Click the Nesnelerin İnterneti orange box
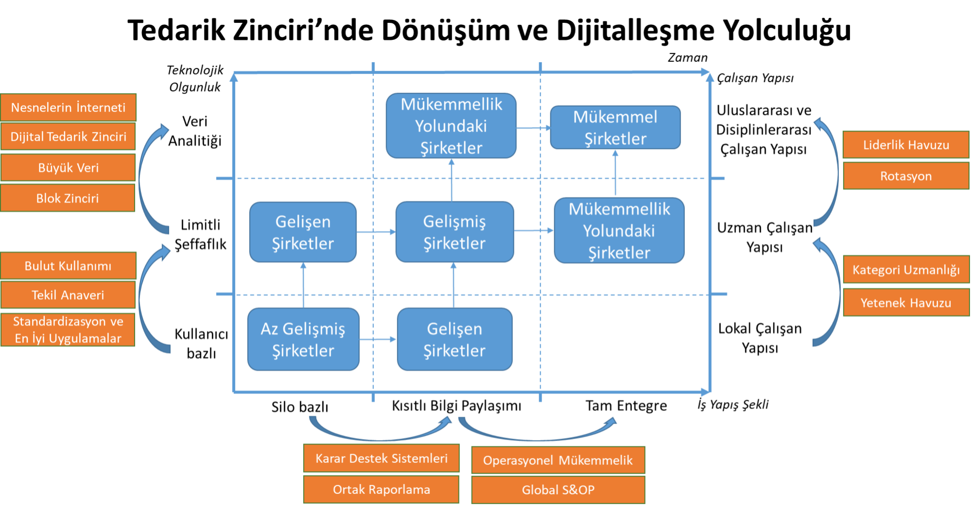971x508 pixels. coord(68,107)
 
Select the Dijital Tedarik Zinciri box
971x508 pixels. coord(68,137)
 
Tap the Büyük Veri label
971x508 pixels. coord(68,168)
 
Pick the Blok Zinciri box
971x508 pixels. coord(68,198)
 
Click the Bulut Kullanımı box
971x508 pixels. coord(68,266)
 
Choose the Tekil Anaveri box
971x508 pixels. coord(68,295)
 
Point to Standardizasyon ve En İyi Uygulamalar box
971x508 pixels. coord(68,330)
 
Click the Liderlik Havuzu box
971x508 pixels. coord(906,145)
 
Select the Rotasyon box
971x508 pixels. coord(906,176)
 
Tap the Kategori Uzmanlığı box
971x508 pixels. coord(906,270)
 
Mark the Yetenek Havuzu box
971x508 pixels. coord(906,303)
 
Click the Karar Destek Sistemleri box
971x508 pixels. coord(381,458)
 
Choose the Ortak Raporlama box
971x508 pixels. coord(381,490)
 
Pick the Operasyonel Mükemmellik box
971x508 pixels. coord(558,460)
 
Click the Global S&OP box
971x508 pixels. coord(558,490)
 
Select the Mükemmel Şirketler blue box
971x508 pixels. coord(615,127)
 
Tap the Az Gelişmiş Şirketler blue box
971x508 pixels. coord(303,339)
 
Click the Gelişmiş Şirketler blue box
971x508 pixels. coord(454,232)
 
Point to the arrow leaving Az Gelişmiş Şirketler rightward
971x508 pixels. coord(378,339)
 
